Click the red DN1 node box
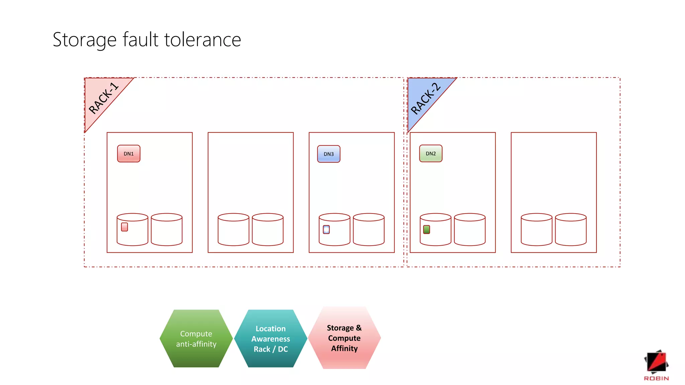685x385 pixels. (x=128, y=154)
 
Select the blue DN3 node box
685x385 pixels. (x=328, y=154)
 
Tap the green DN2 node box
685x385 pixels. (x=430, y=154)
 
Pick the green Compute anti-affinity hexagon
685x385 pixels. (x=196, y=339)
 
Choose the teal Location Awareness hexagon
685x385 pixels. (x=271, y=339)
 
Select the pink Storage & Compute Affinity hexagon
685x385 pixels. (x=344, y=338)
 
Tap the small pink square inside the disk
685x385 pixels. (x=124, y=227)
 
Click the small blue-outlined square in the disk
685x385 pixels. (x=326, y=230)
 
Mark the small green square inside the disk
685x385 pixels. (x=426, y=230)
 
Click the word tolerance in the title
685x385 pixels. (x=202, y=40)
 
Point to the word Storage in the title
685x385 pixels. (x=84, y=40)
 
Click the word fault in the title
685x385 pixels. (x=140, y=40)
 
